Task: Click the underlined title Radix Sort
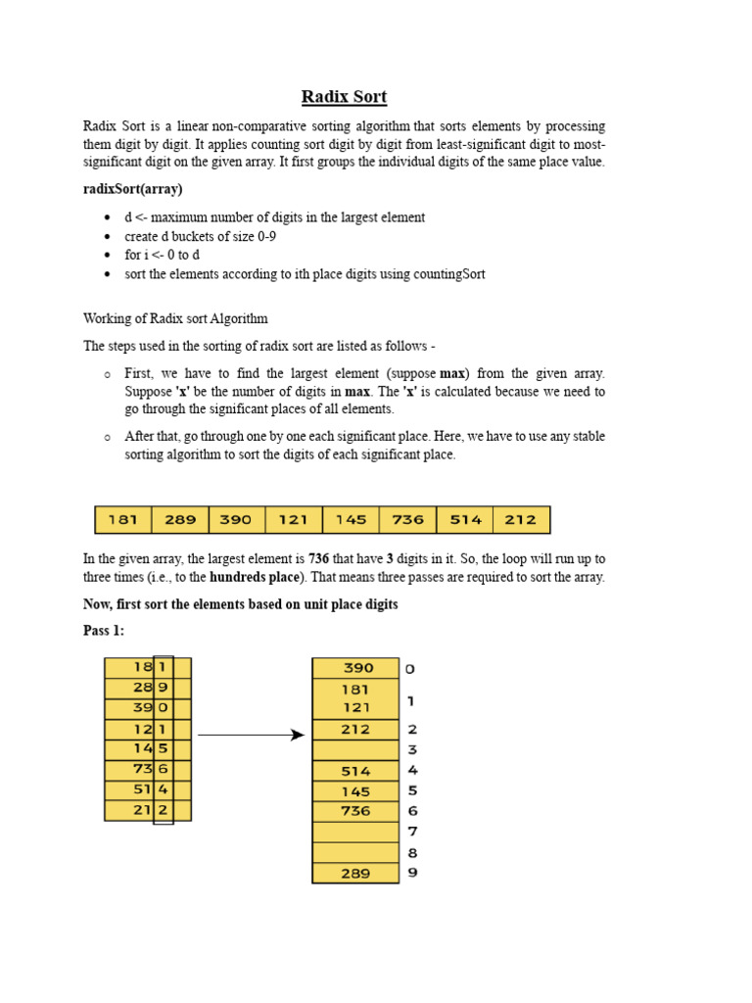(x=344, y=96)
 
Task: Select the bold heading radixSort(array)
(x=133, y=188)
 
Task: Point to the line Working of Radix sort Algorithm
(x=175, y=318)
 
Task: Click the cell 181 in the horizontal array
(x=122, y=520)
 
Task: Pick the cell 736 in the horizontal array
(x=407, y=520)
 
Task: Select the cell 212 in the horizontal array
(x=521, y=520)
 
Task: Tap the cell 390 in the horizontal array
(x=236, y=520)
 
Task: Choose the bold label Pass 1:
(x=104, y=631)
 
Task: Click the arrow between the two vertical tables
(x=251, y=735)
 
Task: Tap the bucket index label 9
(x=412, y=872)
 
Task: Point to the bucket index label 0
(x=410, y=669)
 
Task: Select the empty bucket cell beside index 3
(x=355, y=750)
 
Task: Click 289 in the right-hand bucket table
(x=355, y=873)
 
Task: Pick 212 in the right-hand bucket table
(x=355, y=730)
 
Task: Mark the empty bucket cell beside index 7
(x=355, y=832)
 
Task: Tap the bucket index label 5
(x=412, y=790)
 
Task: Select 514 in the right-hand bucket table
(x=355, y=771)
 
